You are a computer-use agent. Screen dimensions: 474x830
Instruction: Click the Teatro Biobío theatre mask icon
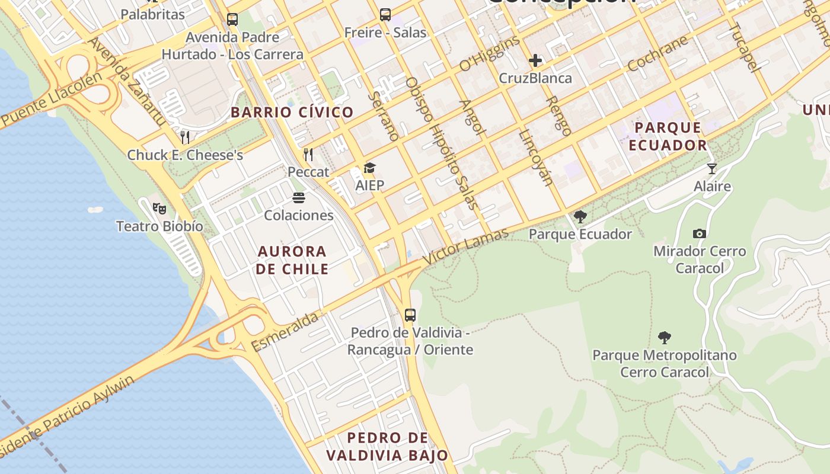click(x=159, y=208)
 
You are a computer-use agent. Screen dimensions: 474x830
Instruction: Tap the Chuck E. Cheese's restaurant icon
click(x=185, y=137)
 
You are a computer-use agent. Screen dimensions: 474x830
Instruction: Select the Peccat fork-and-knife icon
click(x=308, y=155)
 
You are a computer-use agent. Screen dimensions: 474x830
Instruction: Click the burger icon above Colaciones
click(x=299, y=197)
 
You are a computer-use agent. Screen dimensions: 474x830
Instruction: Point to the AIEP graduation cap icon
click(x=369, y=168)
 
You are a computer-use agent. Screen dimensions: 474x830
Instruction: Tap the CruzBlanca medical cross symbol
click(x=535, y=60)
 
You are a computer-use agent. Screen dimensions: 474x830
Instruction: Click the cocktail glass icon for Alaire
click(x=712, y=169)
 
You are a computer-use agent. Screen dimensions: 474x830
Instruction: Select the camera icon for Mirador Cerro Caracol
click(x=700, y=233)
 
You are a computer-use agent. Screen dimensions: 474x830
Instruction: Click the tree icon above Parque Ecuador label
click(x=580, y=217)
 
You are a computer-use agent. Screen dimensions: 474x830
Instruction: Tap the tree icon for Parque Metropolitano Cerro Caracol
click(x=665, y=338)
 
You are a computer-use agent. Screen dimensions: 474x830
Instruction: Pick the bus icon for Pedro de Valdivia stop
click(x=410, y=315)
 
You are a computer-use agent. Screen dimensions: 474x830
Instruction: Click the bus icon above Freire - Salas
click(x=385, y=15)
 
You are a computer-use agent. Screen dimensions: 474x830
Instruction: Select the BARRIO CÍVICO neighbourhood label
click(x=292, y=112)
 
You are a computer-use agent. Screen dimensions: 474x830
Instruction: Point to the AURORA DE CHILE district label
click(x=292, y=260)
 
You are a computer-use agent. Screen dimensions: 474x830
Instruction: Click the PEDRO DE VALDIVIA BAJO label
click(x=387, y=447)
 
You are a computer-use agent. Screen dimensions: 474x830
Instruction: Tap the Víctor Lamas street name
click(x=465, y=245)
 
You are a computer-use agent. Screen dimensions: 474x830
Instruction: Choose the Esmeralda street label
click(x=285, y=332)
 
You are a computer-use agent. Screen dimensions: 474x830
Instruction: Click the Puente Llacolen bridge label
click(x=47, y=99)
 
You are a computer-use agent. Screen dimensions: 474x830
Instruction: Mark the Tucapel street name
click(x=744, y=47)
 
